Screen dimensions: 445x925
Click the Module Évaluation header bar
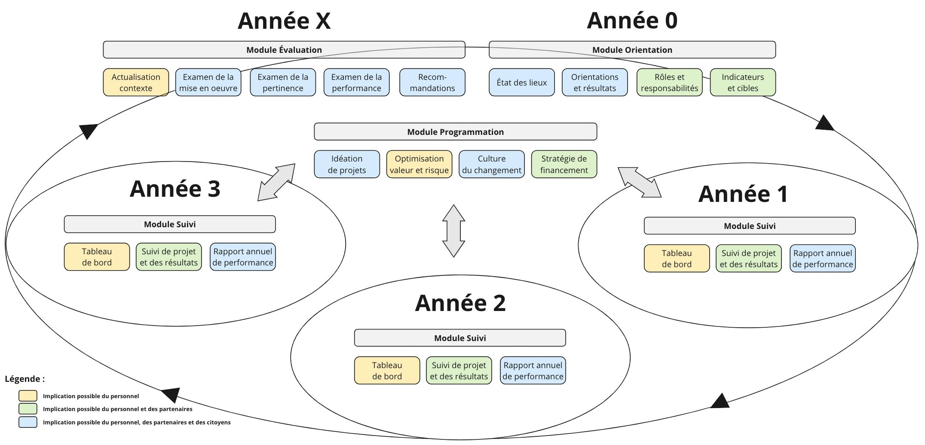(284, 50)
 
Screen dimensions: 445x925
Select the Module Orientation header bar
(632, 50)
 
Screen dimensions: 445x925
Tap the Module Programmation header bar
(455, 132)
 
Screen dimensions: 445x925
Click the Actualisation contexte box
(136, 82)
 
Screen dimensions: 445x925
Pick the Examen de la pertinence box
(283, 82)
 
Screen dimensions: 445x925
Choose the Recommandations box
(432, 82)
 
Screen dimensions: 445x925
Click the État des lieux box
(521, 82)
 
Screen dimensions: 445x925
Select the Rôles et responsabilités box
(669, 82)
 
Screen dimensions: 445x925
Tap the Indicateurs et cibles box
(742, 82)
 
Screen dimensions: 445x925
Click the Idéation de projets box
(346, 164)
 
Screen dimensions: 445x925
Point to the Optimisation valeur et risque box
(419, 164)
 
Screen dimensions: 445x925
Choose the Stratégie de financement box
(564, 164)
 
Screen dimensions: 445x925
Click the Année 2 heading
(460, 303)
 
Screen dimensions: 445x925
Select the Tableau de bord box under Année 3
(97, 257)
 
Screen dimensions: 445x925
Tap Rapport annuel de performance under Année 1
(822, 259)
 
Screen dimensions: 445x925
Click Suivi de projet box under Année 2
(459, 371)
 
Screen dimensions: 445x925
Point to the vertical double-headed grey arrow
(453, 231)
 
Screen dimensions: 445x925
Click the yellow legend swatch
(28, 396)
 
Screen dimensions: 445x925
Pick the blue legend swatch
(28, 422)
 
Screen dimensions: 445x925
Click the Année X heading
(284, 21)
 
